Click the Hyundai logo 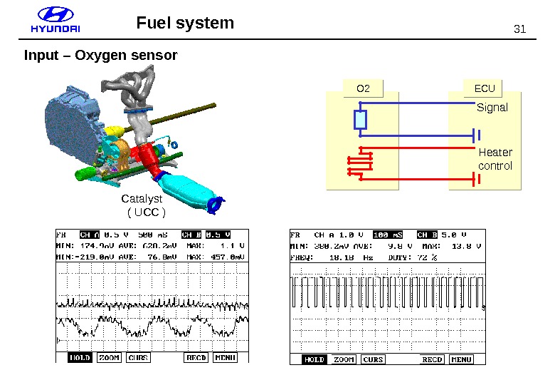click(55, 21)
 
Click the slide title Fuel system click(185, 23)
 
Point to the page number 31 click(519, 29)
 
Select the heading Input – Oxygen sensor click(100, 55)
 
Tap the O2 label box click(363, 88)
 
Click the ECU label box click(484, 88)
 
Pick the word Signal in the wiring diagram click(492, 108)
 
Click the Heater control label click(495, 159)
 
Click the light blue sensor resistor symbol click(361, 121)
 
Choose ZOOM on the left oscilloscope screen click(109, 357)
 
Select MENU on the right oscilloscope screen click(461, 359)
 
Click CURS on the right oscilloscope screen click(373, 359)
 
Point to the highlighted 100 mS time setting click(388, 235)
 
